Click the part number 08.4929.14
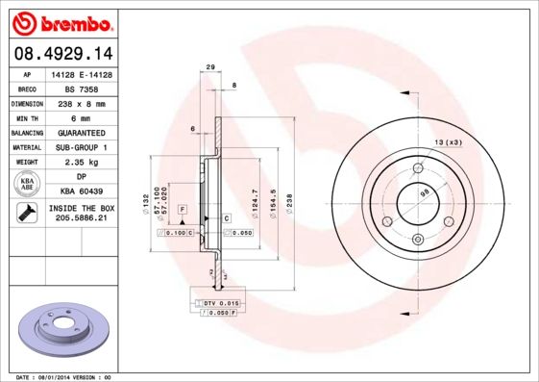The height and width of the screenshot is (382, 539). (x=62, y=53)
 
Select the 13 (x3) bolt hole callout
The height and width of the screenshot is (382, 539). (x=449, y=142)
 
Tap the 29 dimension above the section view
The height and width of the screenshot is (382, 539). (x=210, y=66)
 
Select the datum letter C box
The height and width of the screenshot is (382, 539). (x=226, y=218)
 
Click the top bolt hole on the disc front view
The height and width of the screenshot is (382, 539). (x=418, y=169)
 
